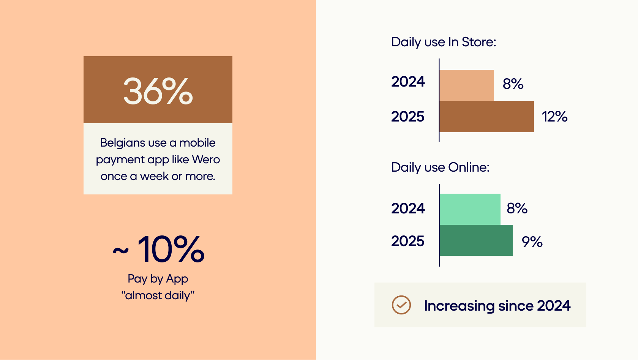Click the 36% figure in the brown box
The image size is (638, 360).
coord(158,91)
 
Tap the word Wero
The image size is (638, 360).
coord(206,159)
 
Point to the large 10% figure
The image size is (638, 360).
coord(171,249)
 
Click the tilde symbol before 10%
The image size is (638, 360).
coord(121,251)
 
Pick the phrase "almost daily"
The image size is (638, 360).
coord(158,295)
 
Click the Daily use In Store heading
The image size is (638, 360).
coord(444,42)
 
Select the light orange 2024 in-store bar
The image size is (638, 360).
coord(466,85)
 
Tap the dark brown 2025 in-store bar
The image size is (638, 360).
coord(487,117)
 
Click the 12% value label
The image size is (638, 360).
coord(554,117)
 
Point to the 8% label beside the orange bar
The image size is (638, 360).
coord(513,84)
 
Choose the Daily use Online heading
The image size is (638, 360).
coord(441,167)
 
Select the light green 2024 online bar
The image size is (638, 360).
coord(470,209)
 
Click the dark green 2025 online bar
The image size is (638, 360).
coord(476,240)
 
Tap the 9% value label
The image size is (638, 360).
coord(532,242)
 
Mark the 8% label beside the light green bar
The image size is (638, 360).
coord(517,208)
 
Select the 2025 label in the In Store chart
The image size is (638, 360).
coord(408,117)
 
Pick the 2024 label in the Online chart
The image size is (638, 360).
coord(408,208)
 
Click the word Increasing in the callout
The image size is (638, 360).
coord(459,306)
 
